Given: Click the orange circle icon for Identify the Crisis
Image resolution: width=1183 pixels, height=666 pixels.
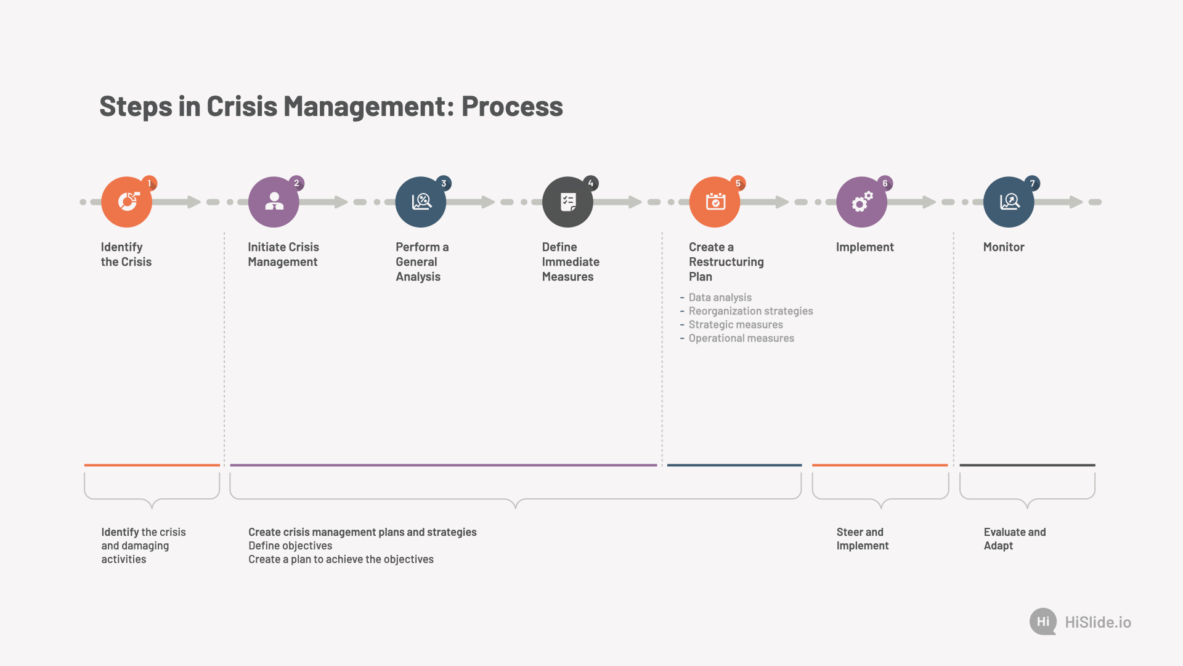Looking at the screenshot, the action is point(126,202).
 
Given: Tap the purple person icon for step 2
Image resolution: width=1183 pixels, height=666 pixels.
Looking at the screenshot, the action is point(274,202).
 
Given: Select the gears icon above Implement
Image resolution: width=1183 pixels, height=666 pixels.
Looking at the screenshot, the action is point(861,202).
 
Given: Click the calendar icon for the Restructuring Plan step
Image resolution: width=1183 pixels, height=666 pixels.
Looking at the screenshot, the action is point(715,202).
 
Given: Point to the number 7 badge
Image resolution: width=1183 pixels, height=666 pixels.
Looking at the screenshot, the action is point(1032,183).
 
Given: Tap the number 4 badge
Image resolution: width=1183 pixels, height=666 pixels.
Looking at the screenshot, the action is point(591,183).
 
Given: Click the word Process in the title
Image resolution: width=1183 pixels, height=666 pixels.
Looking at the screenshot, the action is point(512,106).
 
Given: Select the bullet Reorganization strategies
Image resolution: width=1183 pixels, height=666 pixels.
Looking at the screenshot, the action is point(750,311).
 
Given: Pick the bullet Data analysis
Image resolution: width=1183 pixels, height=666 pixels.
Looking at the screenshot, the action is point(720,297).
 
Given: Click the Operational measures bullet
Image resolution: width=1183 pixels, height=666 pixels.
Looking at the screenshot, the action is point(741,338).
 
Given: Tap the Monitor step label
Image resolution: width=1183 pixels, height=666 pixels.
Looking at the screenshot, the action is point(1004,247).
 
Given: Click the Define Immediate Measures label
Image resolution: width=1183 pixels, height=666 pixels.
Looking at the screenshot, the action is point(571,261).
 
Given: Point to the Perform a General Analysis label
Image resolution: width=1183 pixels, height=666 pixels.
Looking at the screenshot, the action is point(422,261).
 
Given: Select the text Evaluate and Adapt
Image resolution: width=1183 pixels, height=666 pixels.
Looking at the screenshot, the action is point(1015,538).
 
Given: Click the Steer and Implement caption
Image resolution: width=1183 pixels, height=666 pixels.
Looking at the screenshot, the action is point(863,538).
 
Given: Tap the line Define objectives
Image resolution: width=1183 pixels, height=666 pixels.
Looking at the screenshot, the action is point(290,546).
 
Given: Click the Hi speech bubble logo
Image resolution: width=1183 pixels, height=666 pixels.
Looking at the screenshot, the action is point(1043,622).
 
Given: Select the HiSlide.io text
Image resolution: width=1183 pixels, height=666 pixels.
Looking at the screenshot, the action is point(1098,622).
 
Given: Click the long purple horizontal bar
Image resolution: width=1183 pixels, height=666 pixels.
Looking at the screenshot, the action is point(444,465).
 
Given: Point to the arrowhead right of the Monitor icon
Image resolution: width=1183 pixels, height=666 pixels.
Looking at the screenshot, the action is point(1076,202).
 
